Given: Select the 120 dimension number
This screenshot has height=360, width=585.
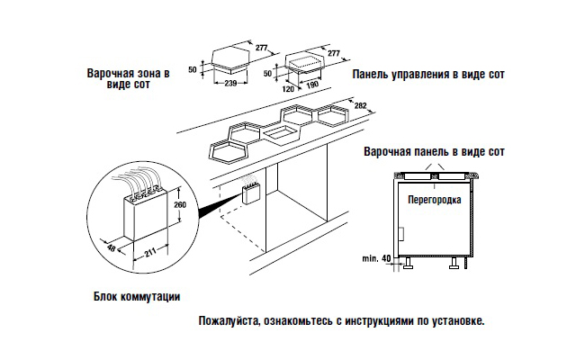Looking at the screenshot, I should [290, 90].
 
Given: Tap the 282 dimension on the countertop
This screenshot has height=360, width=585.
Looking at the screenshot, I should [360, 106].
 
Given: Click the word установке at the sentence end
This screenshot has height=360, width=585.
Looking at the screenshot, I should [457, 320].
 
